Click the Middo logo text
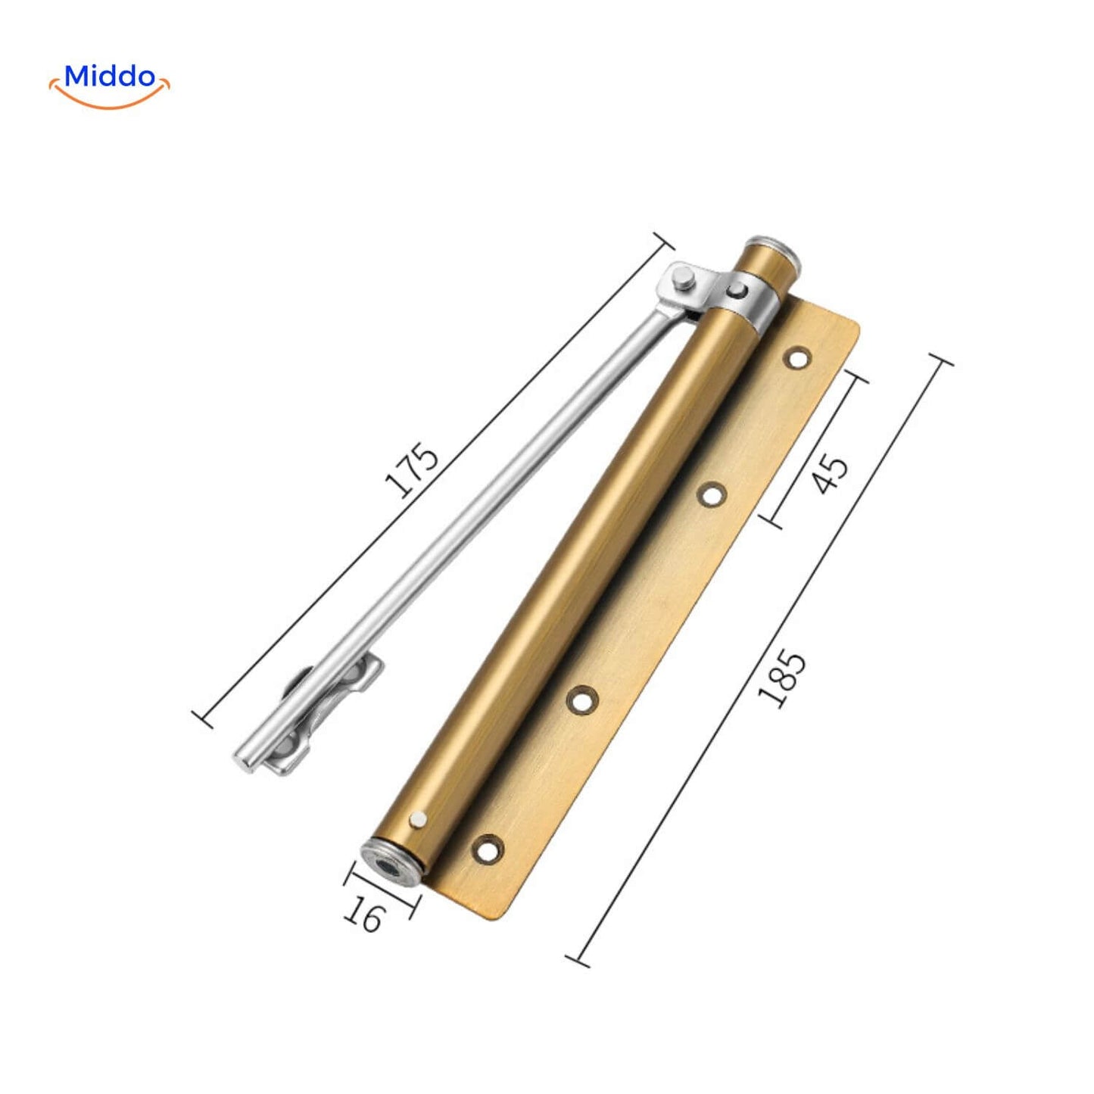110,76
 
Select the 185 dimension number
781,681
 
